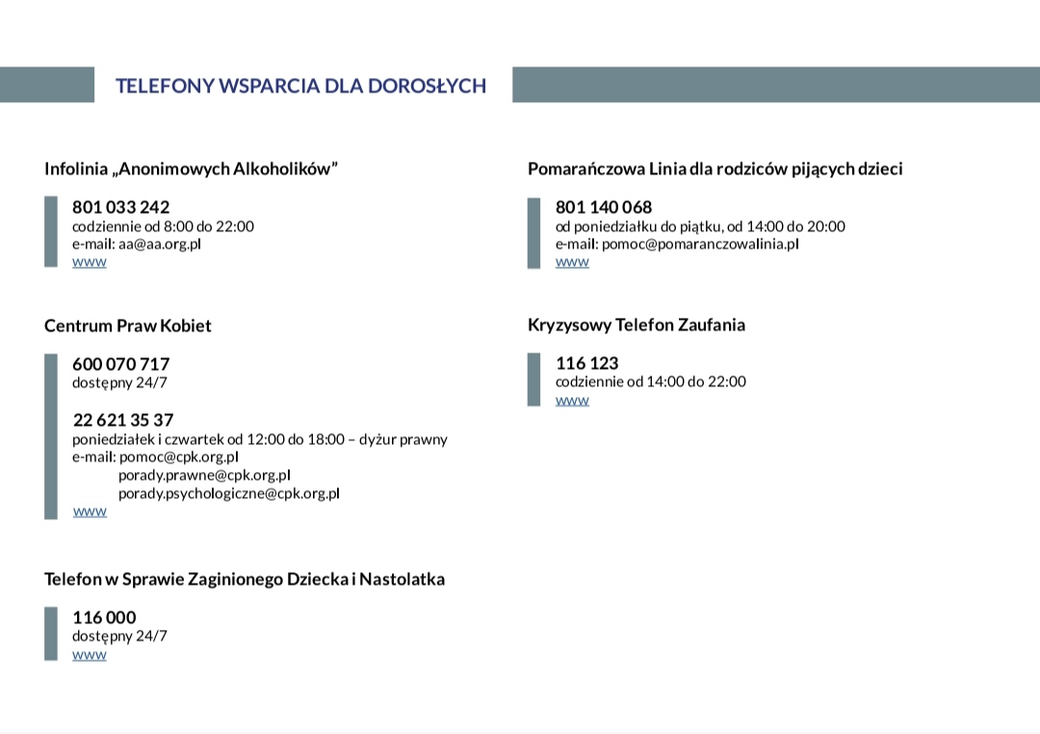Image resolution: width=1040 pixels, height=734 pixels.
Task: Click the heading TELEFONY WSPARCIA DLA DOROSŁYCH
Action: coord(300,86)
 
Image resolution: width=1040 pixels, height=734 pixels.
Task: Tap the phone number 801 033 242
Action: coord(120,207)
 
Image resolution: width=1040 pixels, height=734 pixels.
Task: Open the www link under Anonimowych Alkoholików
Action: coord(90,262)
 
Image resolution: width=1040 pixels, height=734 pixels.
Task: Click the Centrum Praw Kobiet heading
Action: coord(127,326)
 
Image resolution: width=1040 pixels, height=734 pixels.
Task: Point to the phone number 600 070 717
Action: coord(120,364)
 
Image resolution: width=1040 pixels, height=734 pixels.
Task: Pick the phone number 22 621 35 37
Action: coord(123,420)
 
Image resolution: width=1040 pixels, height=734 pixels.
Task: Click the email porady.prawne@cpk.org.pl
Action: coord(204,475)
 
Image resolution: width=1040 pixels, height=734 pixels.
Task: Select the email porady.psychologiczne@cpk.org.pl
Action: coord(229,493)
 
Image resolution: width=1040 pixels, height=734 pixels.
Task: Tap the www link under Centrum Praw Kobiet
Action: coord(90,511)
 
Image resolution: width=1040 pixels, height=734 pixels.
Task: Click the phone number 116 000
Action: coord(104,617)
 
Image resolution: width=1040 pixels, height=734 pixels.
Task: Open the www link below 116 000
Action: coord(90,655)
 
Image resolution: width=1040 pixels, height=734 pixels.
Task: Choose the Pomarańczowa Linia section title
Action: coord(715,170)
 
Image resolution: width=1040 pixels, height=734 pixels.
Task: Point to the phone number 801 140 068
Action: coord(604,207)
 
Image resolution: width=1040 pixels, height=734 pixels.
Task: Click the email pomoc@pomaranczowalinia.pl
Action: coord(700,244)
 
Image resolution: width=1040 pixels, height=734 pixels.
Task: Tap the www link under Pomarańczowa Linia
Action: coord(572,262)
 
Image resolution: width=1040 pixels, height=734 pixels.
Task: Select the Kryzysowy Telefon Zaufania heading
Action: coord(637,325)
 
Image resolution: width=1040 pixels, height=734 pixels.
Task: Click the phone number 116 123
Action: coord(586,363)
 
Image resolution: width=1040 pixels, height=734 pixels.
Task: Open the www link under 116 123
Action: coord(572,400)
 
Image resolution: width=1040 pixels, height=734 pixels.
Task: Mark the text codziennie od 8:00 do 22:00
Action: coord(163,226)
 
